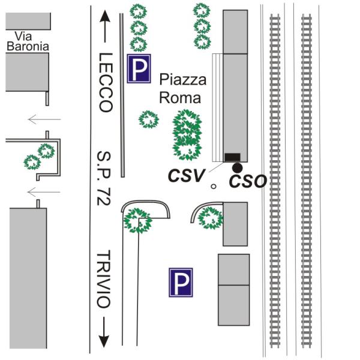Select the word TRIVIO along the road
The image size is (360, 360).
(x=105, y=279)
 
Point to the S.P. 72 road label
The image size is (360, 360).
(x=104, y=179)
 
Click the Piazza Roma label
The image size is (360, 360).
(x=182, y=88)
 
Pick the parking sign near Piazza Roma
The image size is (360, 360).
(x=139, y=70)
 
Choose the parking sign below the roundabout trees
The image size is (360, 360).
(x=180, y=282)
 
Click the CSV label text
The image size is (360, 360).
(x=186, y=176)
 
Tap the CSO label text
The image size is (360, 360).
(x=248, y=181)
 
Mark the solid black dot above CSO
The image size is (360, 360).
(x=238, y=167)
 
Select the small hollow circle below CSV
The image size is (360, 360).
(x=213, y=187)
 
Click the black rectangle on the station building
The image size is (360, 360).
(x=232, y=157)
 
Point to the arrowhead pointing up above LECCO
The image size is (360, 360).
(x=106, y=17)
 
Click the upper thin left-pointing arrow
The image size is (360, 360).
(x=45, y=119)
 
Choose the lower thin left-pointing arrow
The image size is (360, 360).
(x=45, y=192)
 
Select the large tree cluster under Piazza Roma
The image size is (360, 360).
(x=187, y=135)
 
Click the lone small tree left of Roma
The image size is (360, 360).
(x=148, y=119)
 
